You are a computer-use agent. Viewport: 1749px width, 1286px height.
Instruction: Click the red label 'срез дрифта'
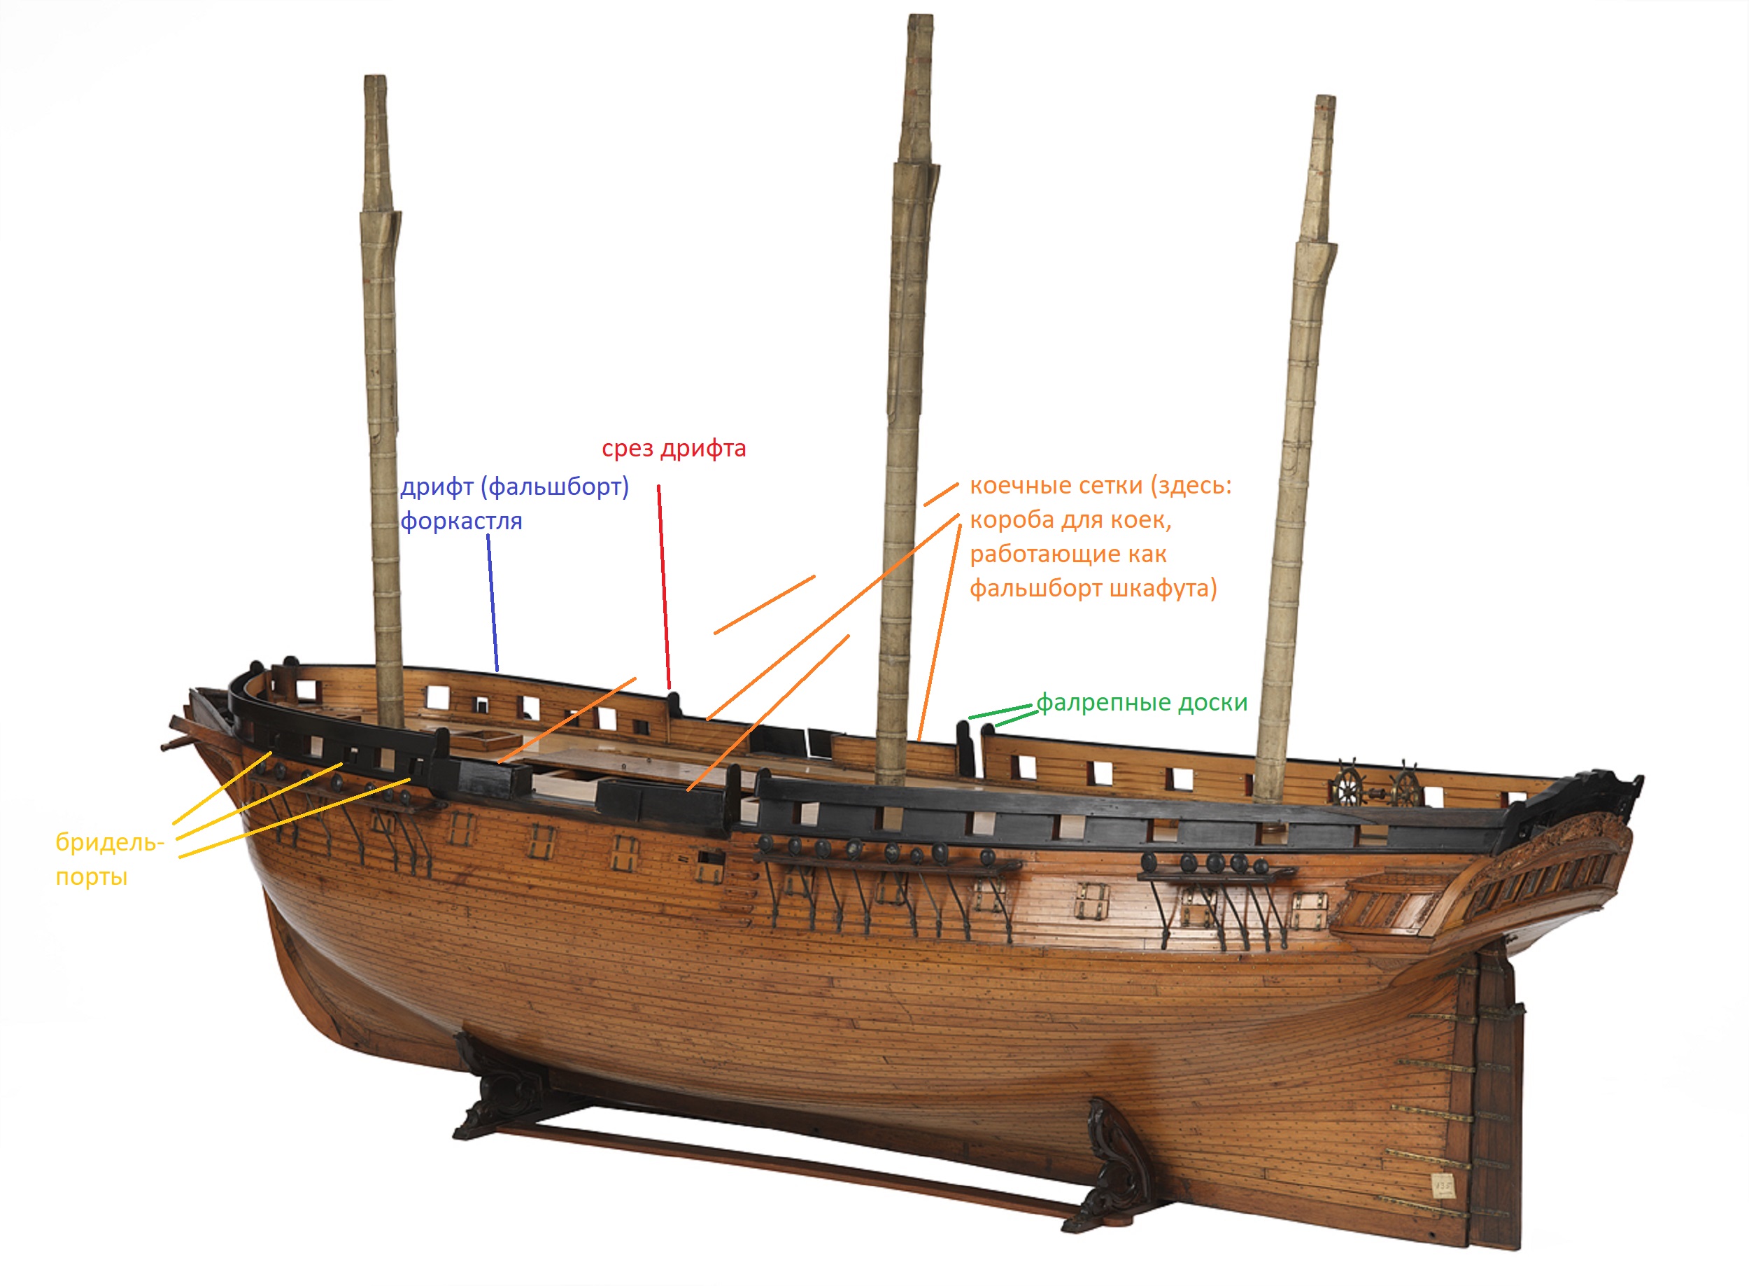tap(674, 449)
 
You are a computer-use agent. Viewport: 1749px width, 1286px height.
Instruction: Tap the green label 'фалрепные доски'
tap(1141, 702)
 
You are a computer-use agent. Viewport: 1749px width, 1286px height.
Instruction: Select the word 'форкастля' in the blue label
tap(460, 521)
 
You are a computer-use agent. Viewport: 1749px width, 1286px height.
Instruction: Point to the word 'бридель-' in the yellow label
tap(110, 842)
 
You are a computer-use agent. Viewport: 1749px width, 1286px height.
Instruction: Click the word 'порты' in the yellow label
tap(91, 877)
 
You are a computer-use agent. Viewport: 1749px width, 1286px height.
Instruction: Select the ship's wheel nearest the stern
tap(1405, 783)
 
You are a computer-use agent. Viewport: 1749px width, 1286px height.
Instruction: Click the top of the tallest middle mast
tap(921, 23)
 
